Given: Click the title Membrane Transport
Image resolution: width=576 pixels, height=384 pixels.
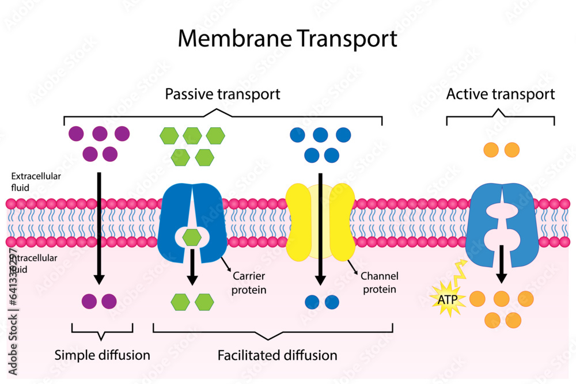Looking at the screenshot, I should coord(287,39).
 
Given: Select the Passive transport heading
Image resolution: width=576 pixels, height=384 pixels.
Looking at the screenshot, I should coord(222,94).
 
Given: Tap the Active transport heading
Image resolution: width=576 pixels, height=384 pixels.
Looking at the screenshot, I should coord(500,94).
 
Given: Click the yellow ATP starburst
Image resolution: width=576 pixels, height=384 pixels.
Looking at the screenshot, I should coord(447,301).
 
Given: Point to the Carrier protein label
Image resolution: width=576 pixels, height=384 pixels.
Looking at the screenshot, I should coord(248,283).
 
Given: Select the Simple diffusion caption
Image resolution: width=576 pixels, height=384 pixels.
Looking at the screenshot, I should coord(102,355).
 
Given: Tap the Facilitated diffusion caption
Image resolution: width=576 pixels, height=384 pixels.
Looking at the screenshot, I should coord(277,355).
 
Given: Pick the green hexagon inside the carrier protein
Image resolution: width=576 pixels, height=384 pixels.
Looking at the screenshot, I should coord(192,236).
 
